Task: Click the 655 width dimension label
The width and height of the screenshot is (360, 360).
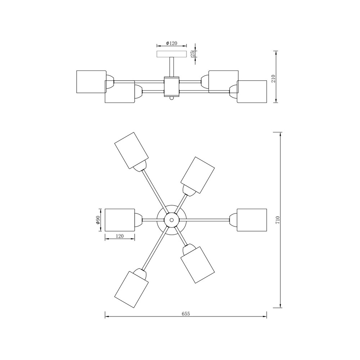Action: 186,314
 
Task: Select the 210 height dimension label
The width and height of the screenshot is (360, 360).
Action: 273,79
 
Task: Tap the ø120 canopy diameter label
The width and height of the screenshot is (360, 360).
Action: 171,43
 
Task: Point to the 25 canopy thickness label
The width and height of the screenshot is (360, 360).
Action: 193,54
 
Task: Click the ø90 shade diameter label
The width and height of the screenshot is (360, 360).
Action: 98,220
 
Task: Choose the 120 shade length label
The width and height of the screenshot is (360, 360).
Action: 120,236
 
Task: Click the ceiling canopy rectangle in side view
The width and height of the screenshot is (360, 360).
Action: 171,54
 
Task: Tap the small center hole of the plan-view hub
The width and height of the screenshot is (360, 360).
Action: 171,220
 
